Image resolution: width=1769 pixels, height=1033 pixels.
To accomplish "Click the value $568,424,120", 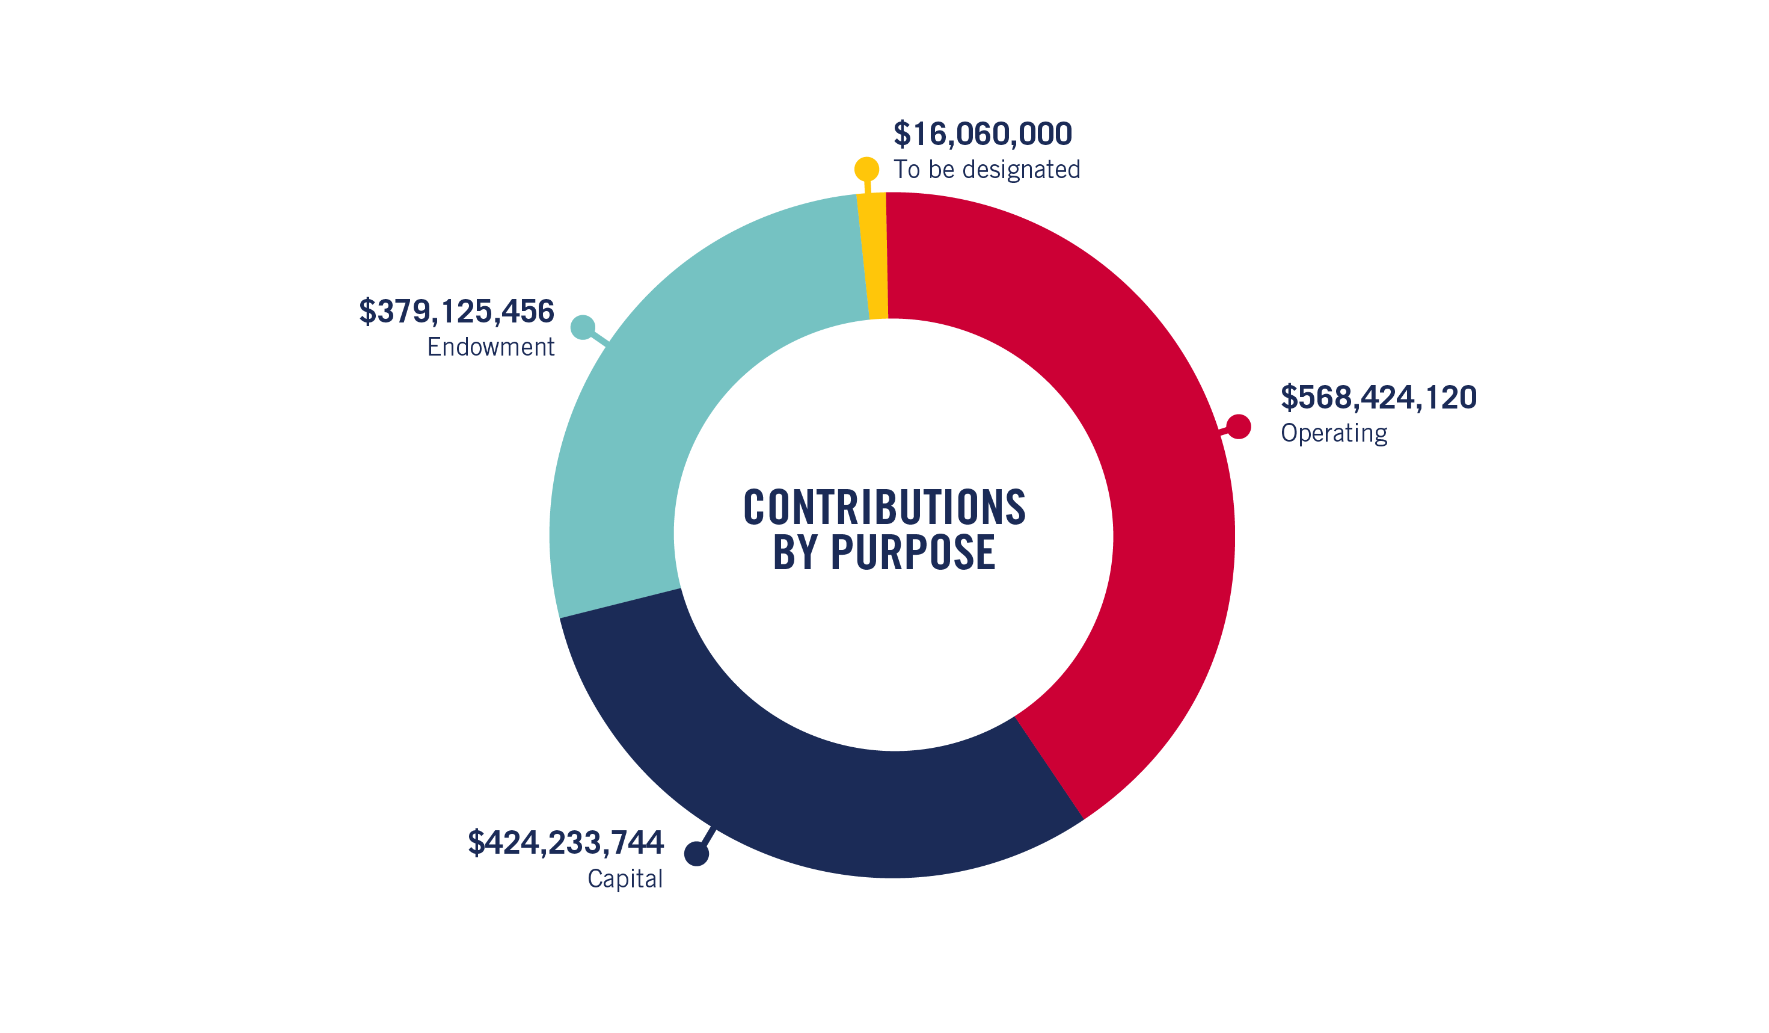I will pyautogui.click(x=1378, y=398).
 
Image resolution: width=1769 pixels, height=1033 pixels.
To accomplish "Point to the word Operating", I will pyautogui.click(x=1334, y=433).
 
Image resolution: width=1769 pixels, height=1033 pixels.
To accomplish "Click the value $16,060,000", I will pyautogui.click(x=982, y=134).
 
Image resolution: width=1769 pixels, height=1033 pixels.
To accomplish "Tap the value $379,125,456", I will pyautogui.click(x=456, y=312).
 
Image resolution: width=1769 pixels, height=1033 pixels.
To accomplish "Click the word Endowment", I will pyautogui.click(x=491, y=347).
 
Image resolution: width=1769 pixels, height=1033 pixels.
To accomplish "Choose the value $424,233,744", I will pyautogui.click(x=565, y=843).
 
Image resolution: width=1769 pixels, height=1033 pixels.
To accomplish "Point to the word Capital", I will pyautogui.click(x=625, y=878).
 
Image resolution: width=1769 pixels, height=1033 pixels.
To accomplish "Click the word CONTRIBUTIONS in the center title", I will pyautogui.click(x=884, y=507).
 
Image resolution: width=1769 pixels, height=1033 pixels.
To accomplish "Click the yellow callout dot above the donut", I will pyautogui.click(x=866, y=169).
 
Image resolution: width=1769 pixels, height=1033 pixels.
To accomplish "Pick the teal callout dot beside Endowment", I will pyautogui.click(x=583, y=327).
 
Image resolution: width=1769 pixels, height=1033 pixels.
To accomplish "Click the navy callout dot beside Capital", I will pyautogui.click(x=696, y=854).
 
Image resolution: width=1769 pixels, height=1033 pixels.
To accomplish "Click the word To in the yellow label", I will pyautogui.click(x=906, y=170).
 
